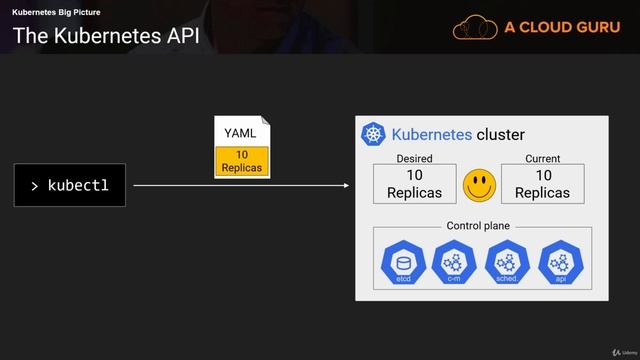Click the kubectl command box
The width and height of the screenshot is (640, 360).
click(x=69, y=186)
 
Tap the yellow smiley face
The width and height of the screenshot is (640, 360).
click(x=480, y=184)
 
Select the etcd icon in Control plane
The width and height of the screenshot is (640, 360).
click(x=404, y=264)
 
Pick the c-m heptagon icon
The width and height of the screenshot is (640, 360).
click(x=455, y=264)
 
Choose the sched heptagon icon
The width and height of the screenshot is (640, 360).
click(x=506, y=264)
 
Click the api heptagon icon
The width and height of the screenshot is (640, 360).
click(x=560, y=264)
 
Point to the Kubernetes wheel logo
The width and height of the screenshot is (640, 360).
click(x=374, y=135)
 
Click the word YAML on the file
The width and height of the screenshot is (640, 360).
click(x=240, y=133)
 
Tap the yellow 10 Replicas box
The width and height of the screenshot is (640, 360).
click(x=242, y=161)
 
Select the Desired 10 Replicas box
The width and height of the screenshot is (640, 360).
click(x=414, y=184)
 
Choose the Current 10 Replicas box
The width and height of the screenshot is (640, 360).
click(x=542, y=184)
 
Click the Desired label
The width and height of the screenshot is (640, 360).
click(x=414, y=159)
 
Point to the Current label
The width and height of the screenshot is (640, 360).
click(x=542, y=159)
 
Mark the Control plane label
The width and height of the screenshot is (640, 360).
click(x=478, y=226)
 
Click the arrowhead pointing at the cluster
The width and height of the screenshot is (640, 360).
click(x=346, y=186)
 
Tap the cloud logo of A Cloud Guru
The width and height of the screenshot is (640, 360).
click(x=475, y=28)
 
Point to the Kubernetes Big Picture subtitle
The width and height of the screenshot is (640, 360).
click(x=56, y=12)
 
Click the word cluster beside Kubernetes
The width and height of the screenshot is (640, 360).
click(x=500, y=135)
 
